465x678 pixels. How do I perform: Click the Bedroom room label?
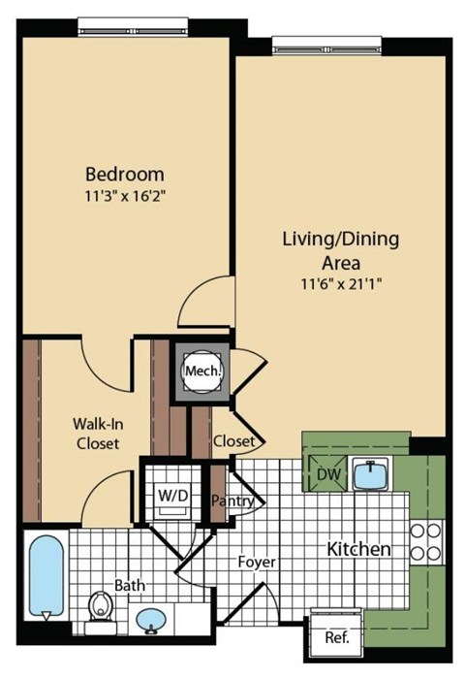[125, 175]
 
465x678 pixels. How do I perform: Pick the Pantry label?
[232, 500]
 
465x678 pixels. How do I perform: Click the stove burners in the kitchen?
[426, 544]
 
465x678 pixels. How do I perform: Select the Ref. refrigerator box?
[336, 637]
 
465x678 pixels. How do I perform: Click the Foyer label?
[257, 562]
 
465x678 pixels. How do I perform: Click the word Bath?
[130, 586]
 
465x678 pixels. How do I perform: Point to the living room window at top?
[325, 44]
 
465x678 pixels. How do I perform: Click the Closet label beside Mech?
[233, 441]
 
